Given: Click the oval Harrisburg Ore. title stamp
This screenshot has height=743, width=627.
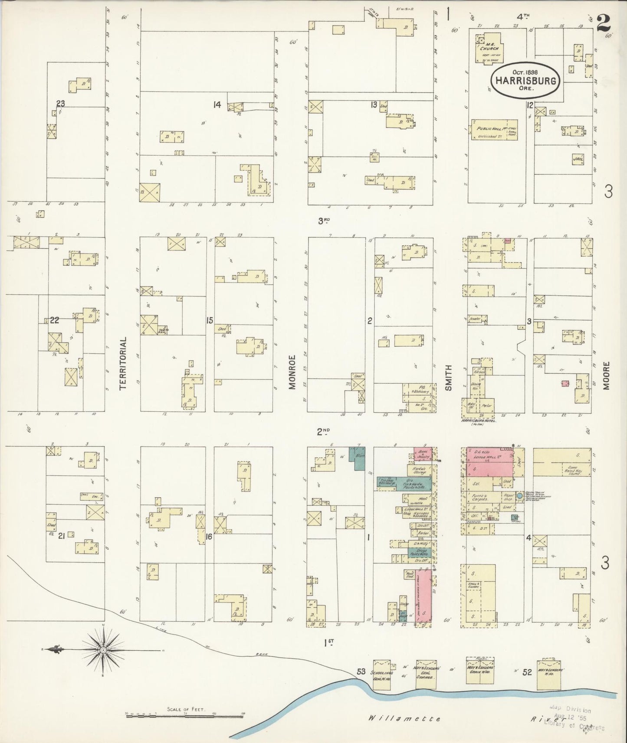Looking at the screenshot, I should (x=526, y=80).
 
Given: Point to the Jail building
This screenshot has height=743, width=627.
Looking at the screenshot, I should (x=578, y=159).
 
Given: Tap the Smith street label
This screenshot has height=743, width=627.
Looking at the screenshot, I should (x=448, y=378).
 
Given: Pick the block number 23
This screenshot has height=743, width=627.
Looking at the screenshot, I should (x=60, y=103).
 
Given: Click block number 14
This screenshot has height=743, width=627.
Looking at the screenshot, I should (x=217, y=104).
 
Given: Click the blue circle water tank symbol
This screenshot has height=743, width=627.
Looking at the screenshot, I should (x=519, y=495).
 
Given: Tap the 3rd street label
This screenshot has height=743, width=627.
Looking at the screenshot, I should (x=324, y=221).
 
